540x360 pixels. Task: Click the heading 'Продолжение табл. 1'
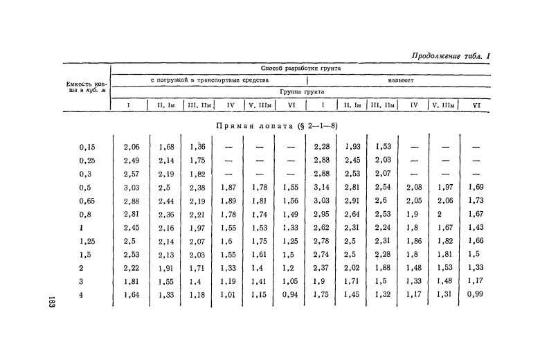450,56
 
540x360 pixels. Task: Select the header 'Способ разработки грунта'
300,69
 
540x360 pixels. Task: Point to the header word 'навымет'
399,80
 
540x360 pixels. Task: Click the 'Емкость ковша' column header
83,87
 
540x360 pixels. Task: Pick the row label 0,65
87,201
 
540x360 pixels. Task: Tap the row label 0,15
87,147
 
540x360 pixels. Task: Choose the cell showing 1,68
166,147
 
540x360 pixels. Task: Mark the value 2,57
132,174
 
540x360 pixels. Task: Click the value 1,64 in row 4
132,296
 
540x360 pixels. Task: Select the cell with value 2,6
381,201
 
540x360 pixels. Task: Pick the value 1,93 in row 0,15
353,147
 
